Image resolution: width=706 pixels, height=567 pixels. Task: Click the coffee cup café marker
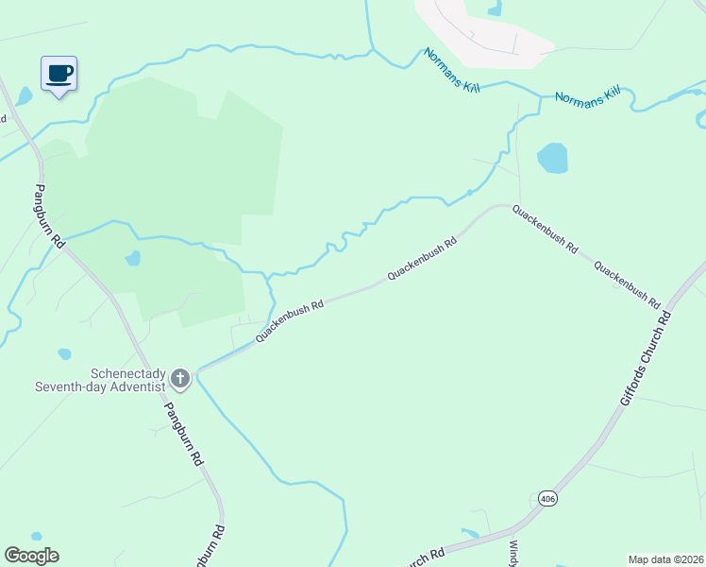tap(59, 74)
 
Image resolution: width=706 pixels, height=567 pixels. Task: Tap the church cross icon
tap(180, 380)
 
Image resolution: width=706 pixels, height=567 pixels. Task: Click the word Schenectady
tap(127, 373)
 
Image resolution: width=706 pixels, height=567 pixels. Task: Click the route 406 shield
tap(547, 498)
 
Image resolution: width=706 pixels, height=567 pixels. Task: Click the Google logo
tap(31, 556)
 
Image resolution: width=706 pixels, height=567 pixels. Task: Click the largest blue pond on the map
tap(552, 158)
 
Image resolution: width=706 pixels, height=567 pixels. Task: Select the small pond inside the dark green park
tap(133, 258)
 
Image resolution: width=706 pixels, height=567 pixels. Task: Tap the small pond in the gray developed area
tap(495, 9)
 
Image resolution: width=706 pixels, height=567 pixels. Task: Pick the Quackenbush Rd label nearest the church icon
tap(290, 321)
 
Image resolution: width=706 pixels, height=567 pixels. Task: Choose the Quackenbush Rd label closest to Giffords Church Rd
tap(626, 284)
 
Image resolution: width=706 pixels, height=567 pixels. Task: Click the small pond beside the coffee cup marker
tap(25, 96)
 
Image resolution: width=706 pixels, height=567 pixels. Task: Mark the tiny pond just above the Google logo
tap(36, 536)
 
